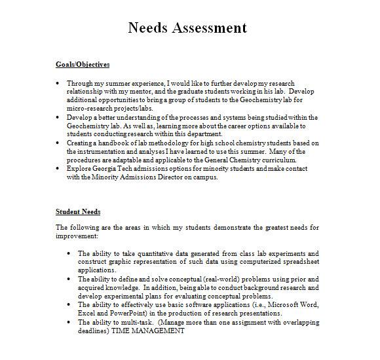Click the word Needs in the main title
[148, 27]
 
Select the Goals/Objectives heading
[83, 65]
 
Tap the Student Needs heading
[78, 212]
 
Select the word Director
[192, 176]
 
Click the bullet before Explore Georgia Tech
[59, 168]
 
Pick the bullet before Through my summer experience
[59, 83]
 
